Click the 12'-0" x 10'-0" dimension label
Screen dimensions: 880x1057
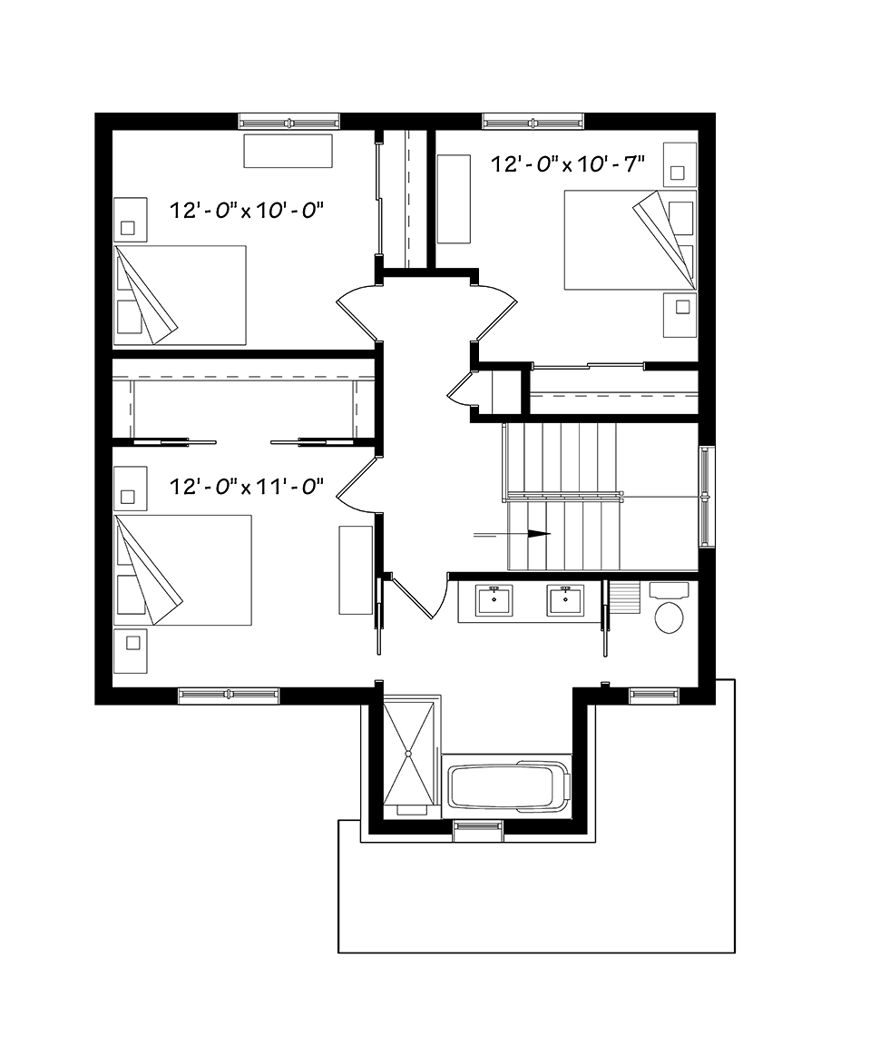coord(247,211)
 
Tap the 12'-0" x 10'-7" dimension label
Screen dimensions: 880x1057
coord(568,163)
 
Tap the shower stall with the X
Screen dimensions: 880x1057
coord(408,753)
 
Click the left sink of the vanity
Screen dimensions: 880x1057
coord(494,600)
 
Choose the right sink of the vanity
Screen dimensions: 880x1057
coord(565,600)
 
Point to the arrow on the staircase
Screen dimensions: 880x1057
coord(512,535)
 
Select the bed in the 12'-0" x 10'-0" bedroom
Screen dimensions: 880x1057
coord(179,296)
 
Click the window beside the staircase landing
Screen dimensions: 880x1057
coord(707,497)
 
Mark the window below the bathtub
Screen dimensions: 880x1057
coord(478,831)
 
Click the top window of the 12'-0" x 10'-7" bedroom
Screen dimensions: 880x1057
coord(533,122)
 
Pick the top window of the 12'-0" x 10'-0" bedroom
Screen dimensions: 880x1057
coord(289,122)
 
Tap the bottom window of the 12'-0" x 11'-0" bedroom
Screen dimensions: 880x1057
coord(229,695)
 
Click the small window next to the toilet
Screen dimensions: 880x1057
coord(654,695)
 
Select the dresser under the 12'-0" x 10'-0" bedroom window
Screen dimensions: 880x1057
coord(288,151)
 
